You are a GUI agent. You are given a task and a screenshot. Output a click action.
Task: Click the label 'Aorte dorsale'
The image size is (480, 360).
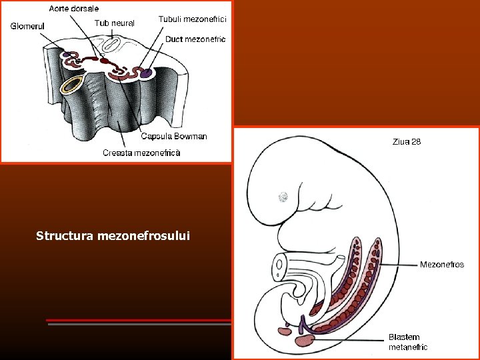tap(73, 9)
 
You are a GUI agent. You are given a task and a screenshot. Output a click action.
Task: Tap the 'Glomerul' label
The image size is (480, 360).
tap(27, 27)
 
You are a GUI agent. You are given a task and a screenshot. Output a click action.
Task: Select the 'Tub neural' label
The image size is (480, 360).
tap(114, 23)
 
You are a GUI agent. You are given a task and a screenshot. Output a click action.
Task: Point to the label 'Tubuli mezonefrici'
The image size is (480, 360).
tap(192, 19)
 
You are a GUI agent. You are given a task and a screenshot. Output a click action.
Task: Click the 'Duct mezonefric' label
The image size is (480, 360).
tap(195, 39)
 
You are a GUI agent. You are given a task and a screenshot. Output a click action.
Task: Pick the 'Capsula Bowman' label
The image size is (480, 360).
tap(174, 137)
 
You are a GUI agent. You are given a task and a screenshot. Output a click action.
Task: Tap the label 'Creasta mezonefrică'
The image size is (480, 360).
tap(141, 153)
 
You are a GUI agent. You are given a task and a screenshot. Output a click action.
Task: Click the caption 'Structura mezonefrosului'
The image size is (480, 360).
tap(113, 235)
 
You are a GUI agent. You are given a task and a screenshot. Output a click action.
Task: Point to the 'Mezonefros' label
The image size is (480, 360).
tap(441, 265)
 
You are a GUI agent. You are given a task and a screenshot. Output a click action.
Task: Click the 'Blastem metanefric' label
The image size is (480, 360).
tap(408, 342)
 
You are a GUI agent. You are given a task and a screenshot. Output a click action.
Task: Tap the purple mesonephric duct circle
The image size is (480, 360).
tap(145, 72)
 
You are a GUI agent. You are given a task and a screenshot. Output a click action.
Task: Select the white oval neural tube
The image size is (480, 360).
tap(111, 45)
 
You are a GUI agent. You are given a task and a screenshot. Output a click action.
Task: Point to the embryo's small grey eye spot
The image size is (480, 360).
tap(283, 197)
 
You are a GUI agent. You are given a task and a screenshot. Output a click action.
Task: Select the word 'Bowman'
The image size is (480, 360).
tap(191, 137)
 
